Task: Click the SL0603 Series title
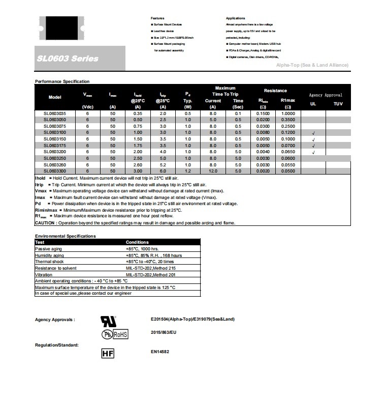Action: tap(68, 59)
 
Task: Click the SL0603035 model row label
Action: tap(54, 113)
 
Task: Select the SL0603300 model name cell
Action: tap(54, 171)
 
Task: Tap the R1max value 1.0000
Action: tap(288, 113)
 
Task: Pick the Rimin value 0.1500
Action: tap(263, 113)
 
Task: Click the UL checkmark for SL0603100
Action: tap(313, 133)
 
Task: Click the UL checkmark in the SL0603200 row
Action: tap(313, 152)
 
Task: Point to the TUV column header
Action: tap(338, 104)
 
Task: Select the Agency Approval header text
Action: tap(326, 95)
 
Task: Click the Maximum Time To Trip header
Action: tap(225, 91)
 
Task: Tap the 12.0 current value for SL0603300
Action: tap(213, 171)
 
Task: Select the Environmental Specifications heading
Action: tap(65, 236)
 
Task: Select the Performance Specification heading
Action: tap(62, 81)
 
